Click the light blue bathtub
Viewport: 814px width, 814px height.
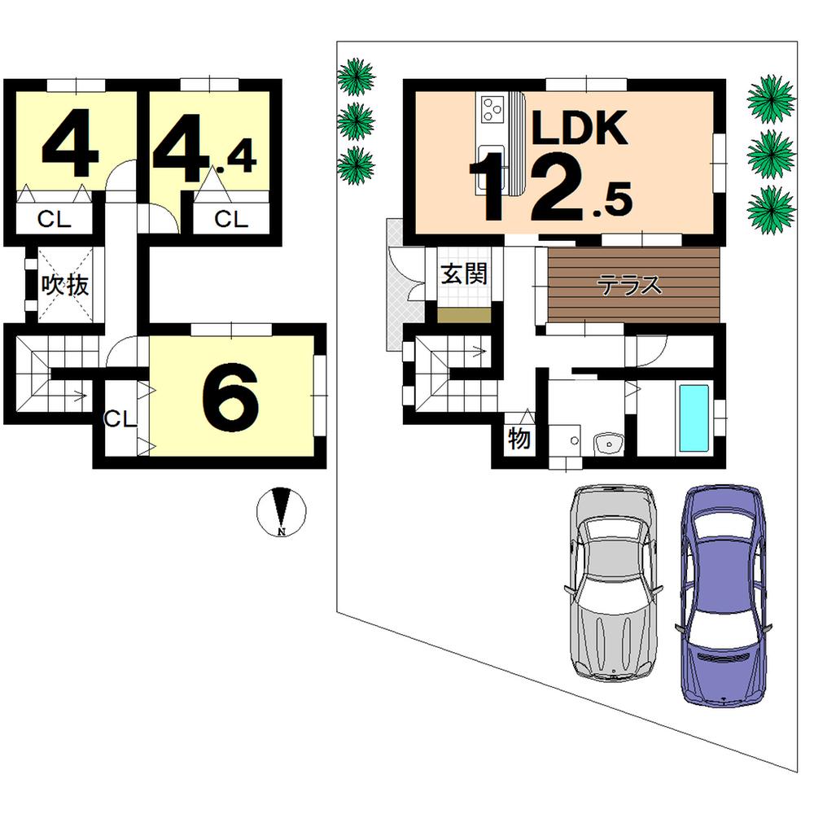point(694,418)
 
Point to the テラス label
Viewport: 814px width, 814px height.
point(629,286)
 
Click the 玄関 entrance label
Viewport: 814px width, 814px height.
point(464,274)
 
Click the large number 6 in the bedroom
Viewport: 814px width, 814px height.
point(230,396)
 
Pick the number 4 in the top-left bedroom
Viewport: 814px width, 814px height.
point(71,147)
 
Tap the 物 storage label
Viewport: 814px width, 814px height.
point(519,440)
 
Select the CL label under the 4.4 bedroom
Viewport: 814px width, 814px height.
point(230,219)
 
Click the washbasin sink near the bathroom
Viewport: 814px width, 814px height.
point(607,444)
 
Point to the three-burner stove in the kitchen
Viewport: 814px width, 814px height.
point(492,109)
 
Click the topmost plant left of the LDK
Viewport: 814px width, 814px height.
point(356,78)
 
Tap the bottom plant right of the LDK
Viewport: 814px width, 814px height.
point(770,208)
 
